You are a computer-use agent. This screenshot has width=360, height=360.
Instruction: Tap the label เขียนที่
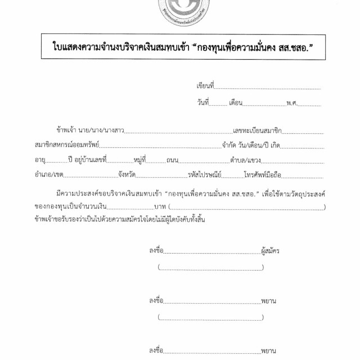tap(205, 86)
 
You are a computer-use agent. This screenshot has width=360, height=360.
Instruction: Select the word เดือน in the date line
tap(235, 103)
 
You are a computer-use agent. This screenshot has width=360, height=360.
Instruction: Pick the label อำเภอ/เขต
tap(47, 174)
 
